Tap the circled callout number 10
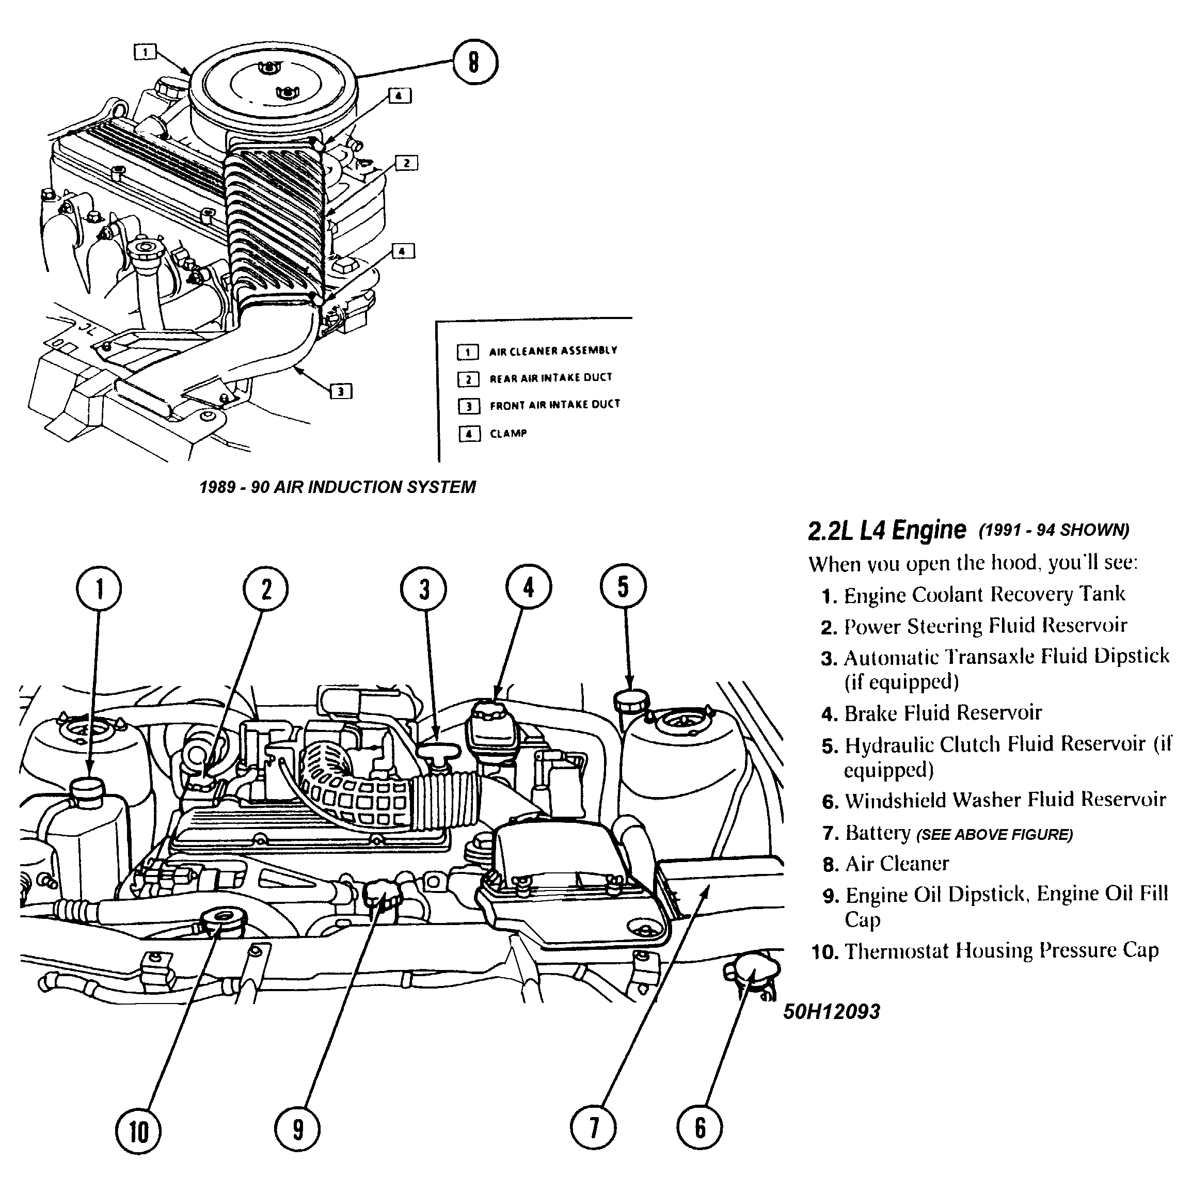[x=138, y=1132]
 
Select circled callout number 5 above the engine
[x=623, y=586]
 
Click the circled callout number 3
[x=424, y=589]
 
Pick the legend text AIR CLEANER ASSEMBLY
[x=553, y=351]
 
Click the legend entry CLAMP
[x=508, y=434]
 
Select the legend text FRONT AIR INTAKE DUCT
[x=554, y=405]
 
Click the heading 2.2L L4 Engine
[x=887, y=530]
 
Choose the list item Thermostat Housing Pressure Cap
[x=1001, y=950]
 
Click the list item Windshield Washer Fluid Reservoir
[x=1005, y=800]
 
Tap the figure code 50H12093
[x=832, y=1012]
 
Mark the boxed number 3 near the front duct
[x=341, y=391]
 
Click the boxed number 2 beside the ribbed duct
[x=406, y=163]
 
